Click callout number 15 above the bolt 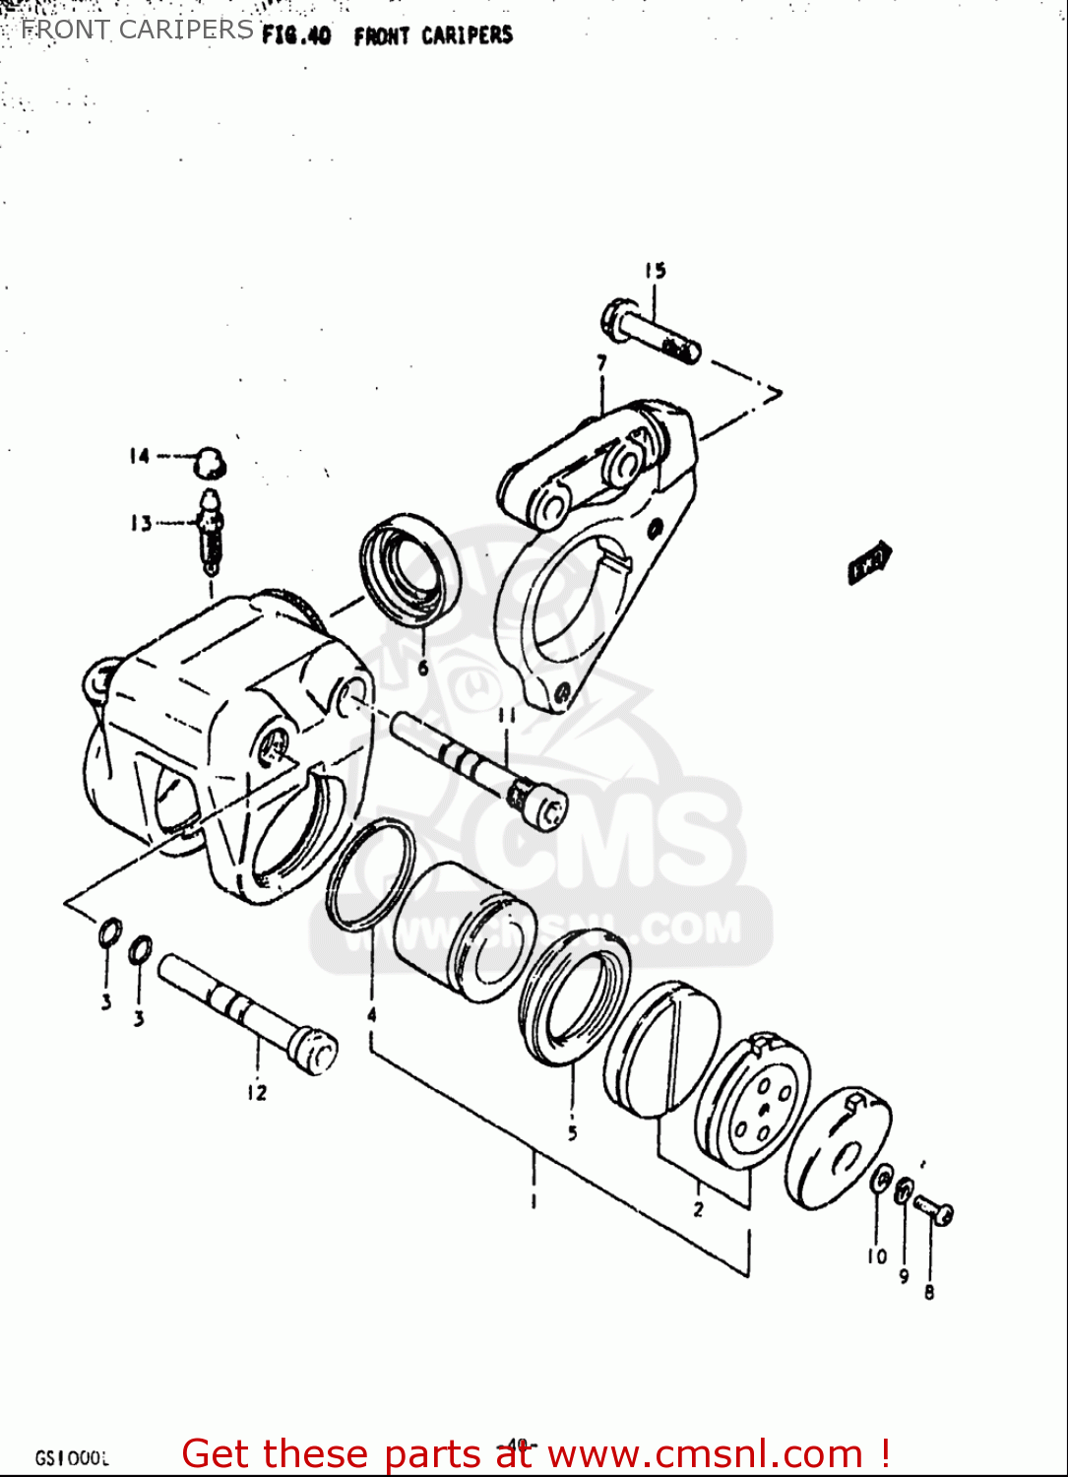coord(656,270)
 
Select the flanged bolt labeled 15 coord(650,333)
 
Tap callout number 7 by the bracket coord(601,363)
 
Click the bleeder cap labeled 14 coord(210,461)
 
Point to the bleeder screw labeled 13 coord(211,532)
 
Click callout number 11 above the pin coord(506,716)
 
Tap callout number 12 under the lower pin coord(257,1092)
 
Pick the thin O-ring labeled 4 coord(371,875)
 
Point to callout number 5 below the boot coord(572,1133)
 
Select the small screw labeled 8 coord(933,1209)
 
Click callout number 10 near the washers coord(876,1255)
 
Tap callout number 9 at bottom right coord(904,1276)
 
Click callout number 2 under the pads coord(698,1208)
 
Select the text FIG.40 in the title coord(296,36)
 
